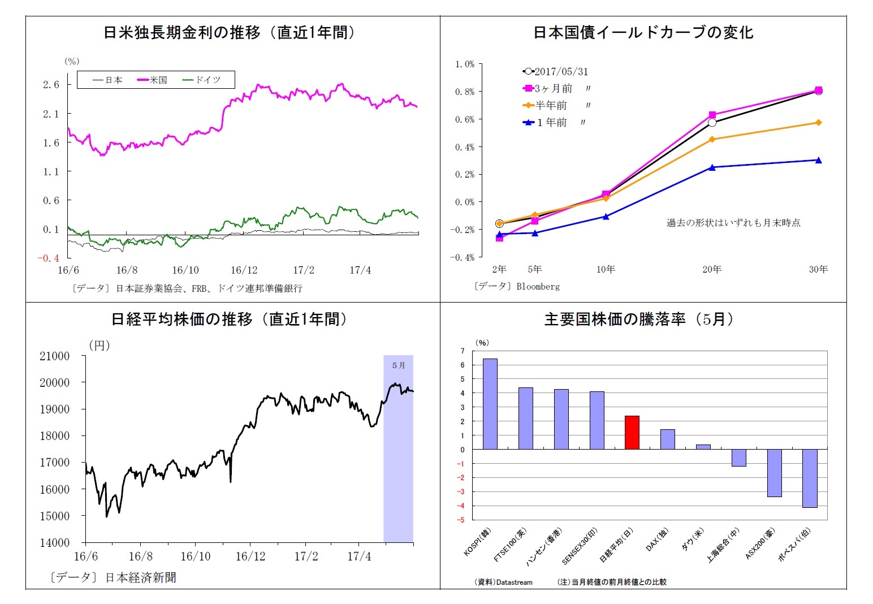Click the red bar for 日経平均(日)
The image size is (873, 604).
pyautogui.click(x=632, y=433)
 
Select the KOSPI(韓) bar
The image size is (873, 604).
pyautogui.click(x=490, y=404)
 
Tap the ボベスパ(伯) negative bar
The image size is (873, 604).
pyautogui.click(x=809, y=478)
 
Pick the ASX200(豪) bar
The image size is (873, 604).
pyautogui.click(x=774, y=473)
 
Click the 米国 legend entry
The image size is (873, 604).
pyautogui.click(x=153, y=80)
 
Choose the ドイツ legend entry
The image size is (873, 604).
pyautogui.click(x=202, y=80)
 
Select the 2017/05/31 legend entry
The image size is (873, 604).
pyautogui.click(x=556, y=72)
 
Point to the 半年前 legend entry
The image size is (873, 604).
pyautogui.click(x=545, y=105)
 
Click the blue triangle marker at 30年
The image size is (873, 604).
pyautogui.click(x=818, y=160)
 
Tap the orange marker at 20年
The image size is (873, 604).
pyautogui.click(x=712, y=139)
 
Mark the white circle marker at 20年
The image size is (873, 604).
pyautogui.click(x=712, y=123)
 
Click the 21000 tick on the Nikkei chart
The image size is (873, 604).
pyautogui.click(x=55, y=356)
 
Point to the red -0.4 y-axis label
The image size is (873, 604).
pyautogui.click(x=48, y=258)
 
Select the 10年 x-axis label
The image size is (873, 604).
pyautogui.click(x=606, y=269)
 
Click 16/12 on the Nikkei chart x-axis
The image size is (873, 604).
pyautogui.click(x=250, y=556)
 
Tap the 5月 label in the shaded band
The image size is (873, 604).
pyautogui.click(x=399, y=365)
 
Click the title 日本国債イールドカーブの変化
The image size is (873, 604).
pyautogui.click(x=643, y=32)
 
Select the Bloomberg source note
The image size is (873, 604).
pyautogui.click(x=516, y=286)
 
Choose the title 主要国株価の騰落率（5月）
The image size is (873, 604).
pyautogui.click(x=639, y=320)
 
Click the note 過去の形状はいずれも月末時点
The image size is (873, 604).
pyautogui.click(x=733, y=223)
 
